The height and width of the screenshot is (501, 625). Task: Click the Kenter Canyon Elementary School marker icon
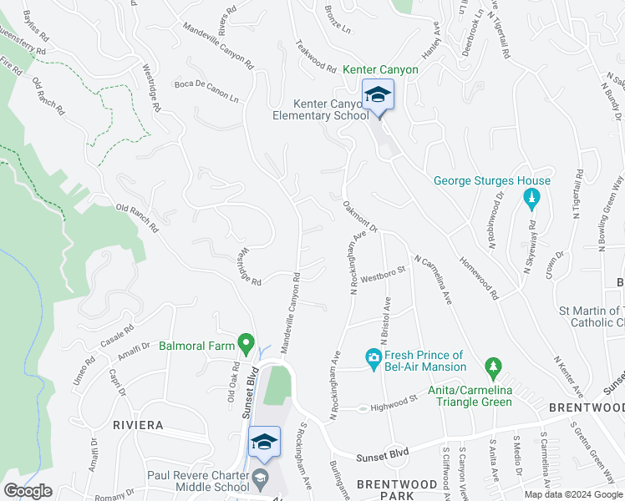[378, 95]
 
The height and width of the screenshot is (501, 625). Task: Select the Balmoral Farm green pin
[246, 343]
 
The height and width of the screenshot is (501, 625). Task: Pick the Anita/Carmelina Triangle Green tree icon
[493, 367]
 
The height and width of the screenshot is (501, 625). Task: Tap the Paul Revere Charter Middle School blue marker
[264, 443]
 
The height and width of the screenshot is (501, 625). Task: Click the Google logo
[28, 491]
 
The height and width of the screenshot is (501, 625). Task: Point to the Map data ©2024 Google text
[572, 494]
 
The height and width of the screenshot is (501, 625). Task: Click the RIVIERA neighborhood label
[138, 425]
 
